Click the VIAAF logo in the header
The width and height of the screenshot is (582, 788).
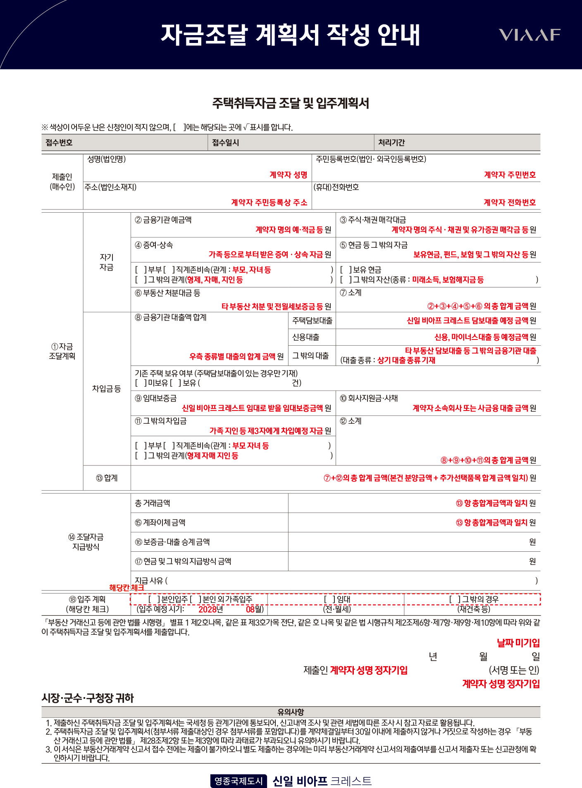point(529,35)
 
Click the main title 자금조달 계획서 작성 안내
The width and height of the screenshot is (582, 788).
point(290,35)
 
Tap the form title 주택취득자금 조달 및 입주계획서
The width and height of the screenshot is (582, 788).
point(290,103)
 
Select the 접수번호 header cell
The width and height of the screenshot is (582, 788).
point(59,142)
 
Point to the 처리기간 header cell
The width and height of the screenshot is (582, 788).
point(391,142)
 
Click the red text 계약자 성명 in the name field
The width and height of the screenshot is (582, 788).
point(288,175)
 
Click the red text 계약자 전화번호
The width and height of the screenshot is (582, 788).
point(510,202)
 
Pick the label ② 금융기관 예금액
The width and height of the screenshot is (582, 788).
point(163,220)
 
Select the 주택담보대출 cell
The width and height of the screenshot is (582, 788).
point(312,320)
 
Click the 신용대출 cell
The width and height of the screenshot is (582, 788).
point(306,337)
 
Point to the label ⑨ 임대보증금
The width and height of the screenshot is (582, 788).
point(156,398)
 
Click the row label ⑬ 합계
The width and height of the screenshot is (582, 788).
point(107,478)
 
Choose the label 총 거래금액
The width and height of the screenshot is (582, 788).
point(153,503)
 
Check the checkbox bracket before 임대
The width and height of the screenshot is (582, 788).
point(330,599)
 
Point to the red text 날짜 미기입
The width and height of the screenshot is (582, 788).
point(518,643)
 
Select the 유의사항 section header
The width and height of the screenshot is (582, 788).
point(291,712)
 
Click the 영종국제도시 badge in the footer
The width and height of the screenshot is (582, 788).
point(239,781)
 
